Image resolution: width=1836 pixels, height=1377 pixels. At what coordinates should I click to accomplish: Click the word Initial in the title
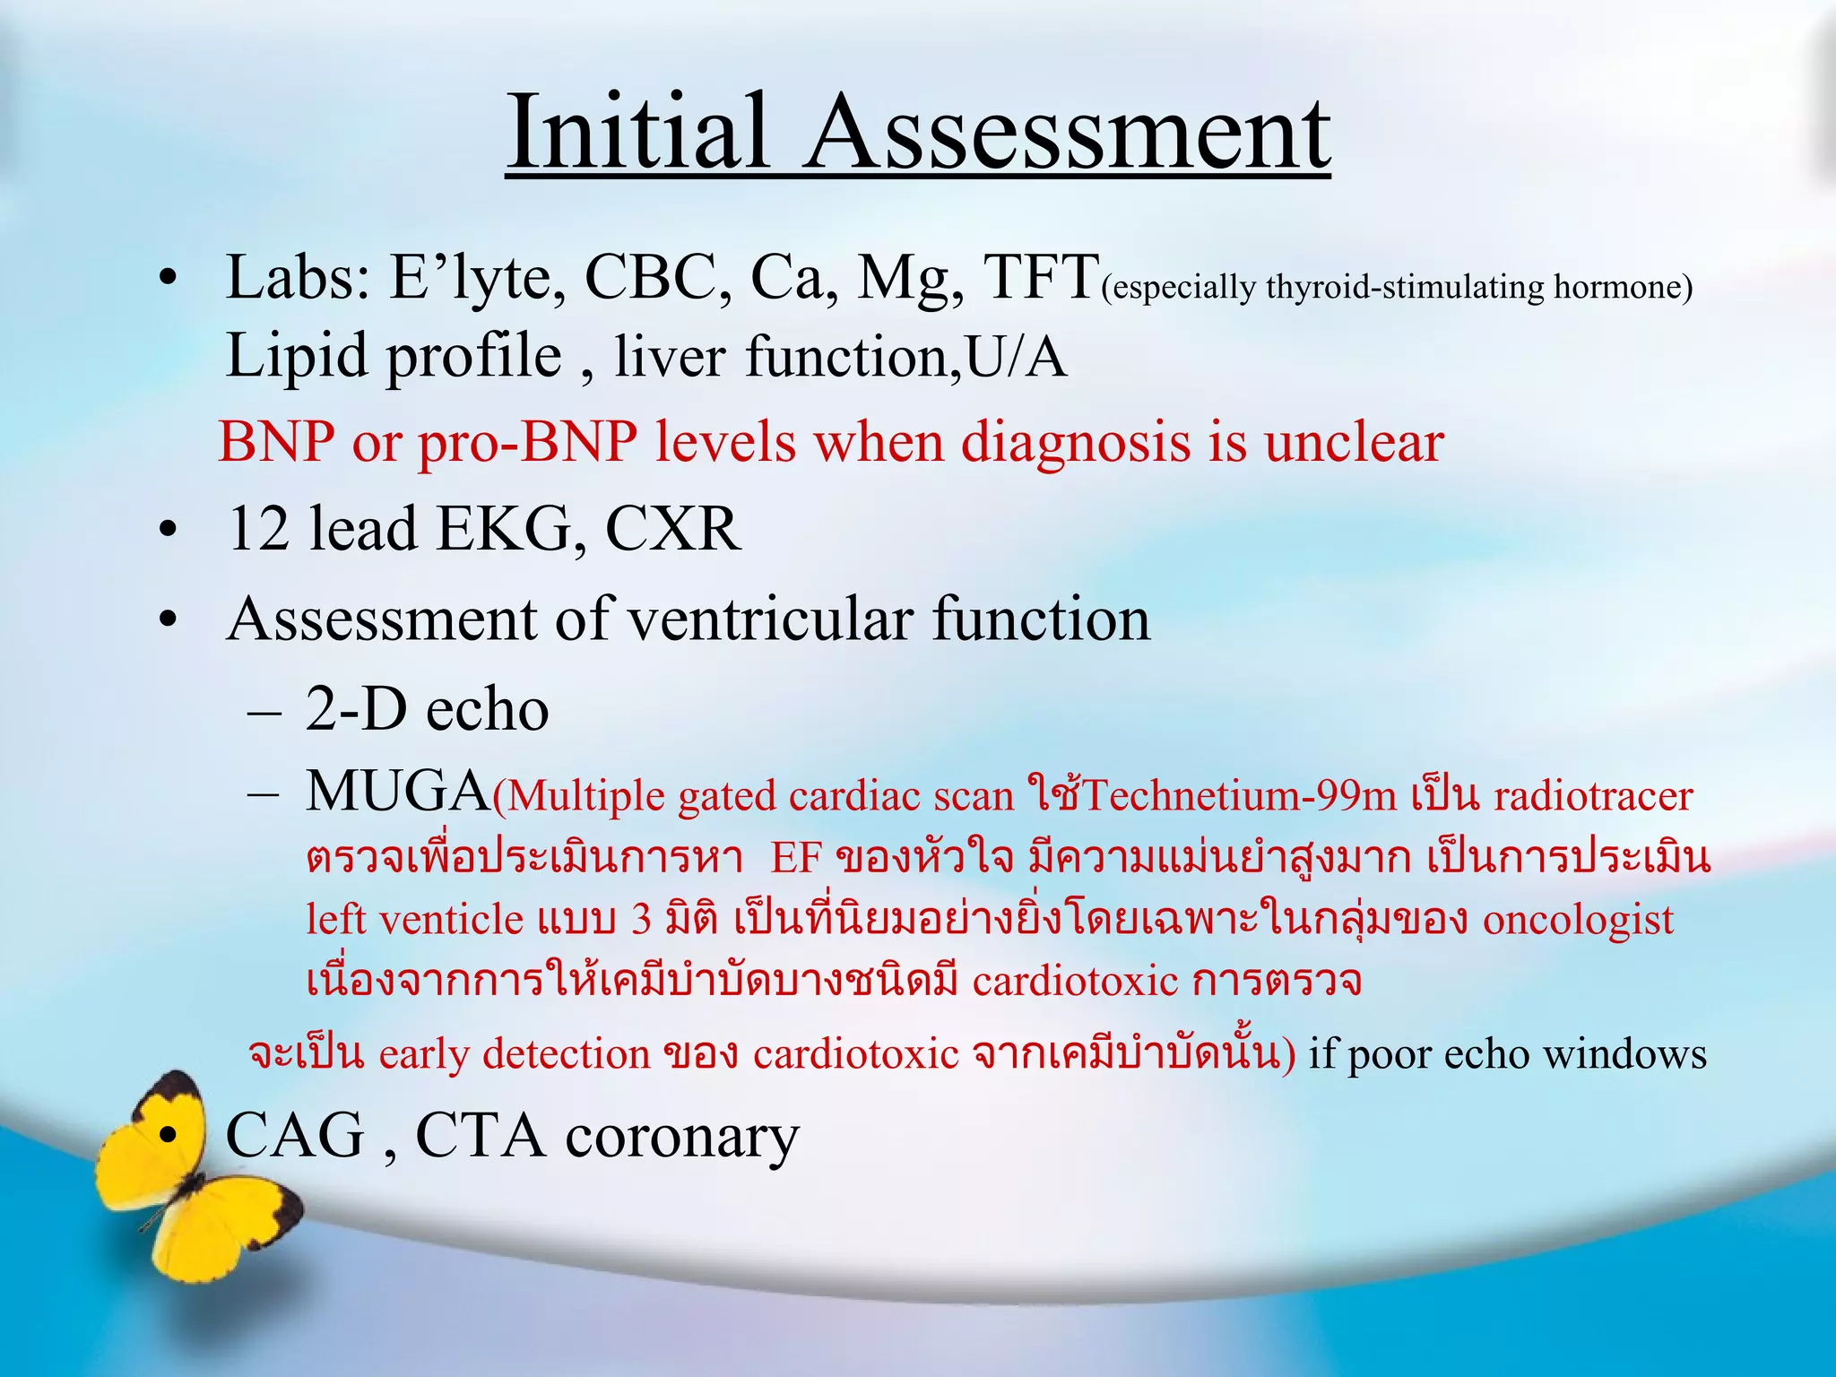click(637, 133)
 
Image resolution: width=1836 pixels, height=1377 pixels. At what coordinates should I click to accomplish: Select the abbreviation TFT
click(1041, 277)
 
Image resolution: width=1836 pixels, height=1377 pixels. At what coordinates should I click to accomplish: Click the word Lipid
click(296, 356)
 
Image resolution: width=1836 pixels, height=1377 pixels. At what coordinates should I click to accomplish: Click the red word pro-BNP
click(528, 442)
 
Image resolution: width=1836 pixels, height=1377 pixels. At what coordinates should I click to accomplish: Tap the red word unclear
click(1353, 442)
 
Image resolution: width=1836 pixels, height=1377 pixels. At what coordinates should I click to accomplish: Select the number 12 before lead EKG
click(257, 528)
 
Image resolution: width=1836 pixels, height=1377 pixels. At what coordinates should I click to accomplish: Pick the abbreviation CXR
click(672, 528)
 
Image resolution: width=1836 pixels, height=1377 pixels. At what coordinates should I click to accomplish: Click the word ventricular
click(770, 619)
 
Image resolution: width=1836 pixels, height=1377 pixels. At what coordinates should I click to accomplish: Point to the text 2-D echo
click(427, 709)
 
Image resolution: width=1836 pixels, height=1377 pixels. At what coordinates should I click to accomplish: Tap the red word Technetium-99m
click(1241, 796)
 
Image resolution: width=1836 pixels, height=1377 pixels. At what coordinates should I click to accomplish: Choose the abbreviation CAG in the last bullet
click(295, 1136)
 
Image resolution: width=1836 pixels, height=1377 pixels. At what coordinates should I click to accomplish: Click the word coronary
click(681, 1139)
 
